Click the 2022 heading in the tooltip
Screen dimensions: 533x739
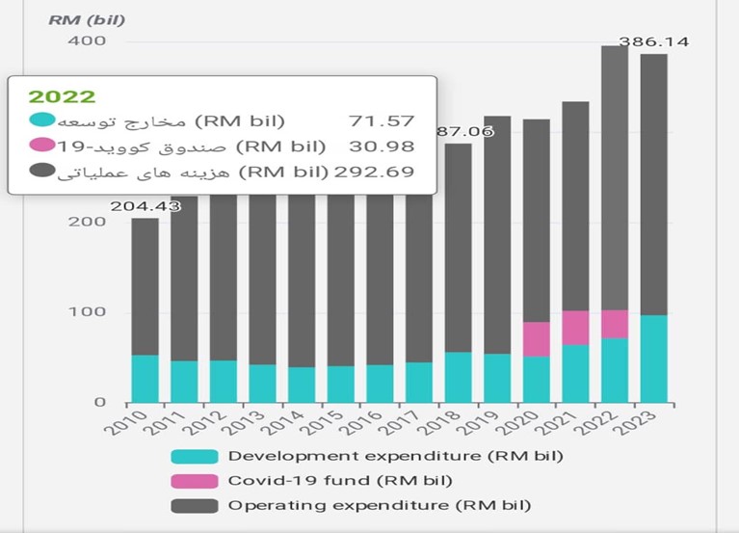tap(62, 96)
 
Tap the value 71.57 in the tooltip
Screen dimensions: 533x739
tap(383, 121)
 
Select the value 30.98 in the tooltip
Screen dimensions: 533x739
tap(383, 147)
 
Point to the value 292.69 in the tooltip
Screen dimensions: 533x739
tap(374, 173)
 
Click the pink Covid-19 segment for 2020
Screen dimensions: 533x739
tap(537, 339)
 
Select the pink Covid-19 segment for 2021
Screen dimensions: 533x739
tap(575, 328)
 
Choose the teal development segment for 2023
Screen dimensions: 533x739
tap(653, 359)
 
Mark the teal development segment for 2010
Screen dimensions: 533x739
tap(145, 378)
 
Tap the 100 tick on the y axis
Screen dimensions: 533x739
tap(90, 312)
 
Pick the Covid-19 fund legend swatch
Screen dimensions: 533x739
tap(193, 480)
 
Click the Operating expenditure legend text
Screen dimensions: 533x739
tap(380, 504)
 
